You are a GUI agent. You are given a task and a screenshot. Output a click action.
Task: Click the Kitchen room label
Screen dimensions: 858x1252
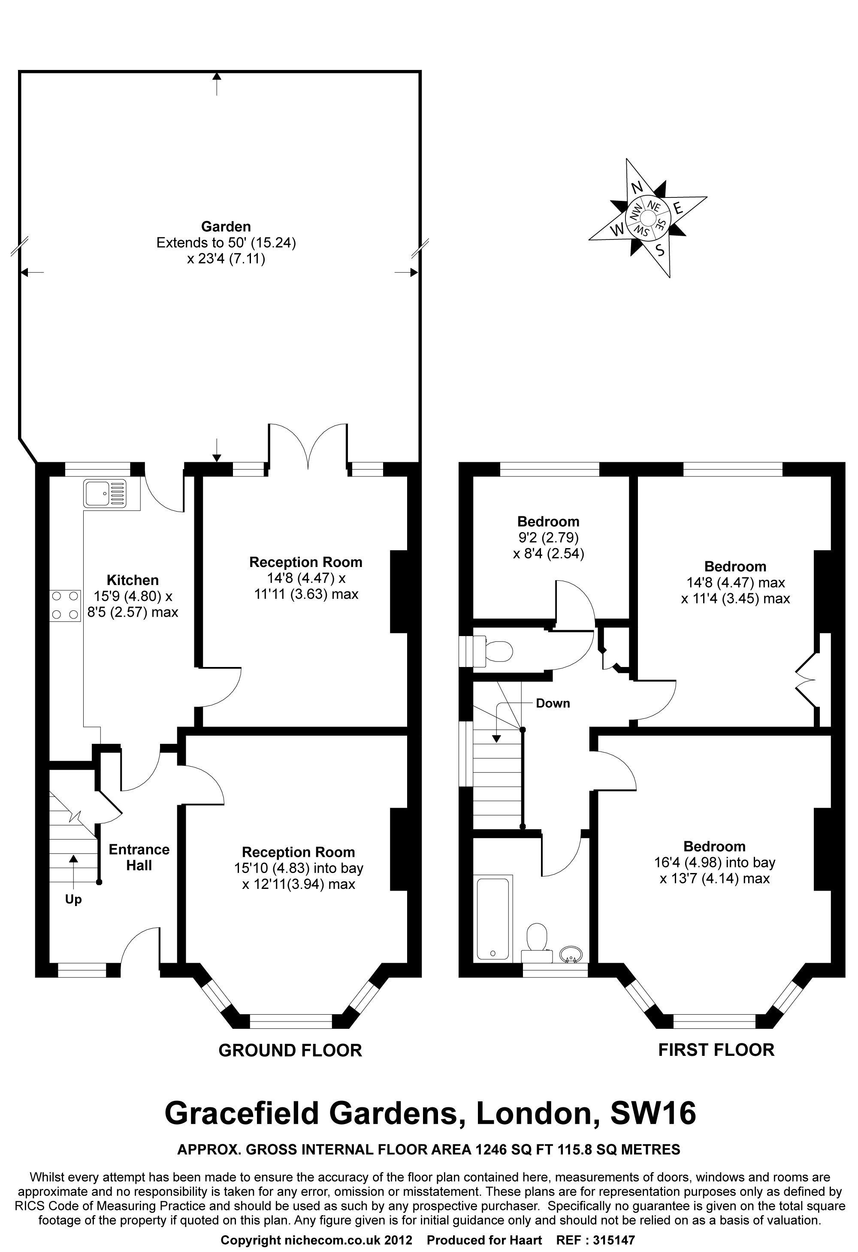coord(133,580)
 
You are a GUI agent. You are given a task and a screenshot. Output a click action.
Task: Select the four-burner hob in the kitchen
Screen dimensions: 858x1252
coord(65,606)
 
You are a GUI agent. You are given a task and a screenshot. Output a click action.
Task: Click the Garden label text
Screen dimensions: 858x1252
coord(226,227)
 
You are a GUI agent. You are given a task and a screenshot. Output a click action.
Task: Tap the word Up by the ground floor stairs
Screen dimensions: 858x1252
coord(73,899)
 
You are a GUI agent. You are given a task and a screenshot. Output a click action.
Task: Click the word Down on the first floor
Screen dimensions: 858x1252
coord(553,703)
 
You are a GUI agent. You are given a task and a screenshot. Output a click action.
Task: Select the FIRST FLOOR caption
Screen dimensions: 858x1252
coord(716,1049)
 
